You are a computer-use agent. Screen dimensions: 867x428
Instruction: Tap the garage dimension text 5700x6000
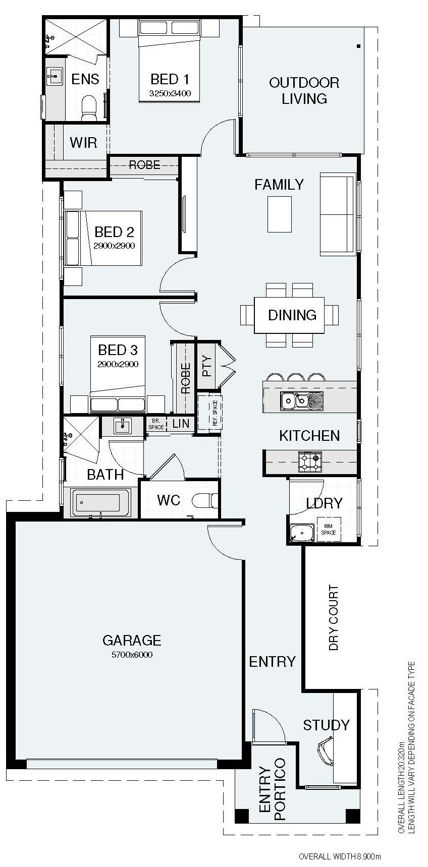132,655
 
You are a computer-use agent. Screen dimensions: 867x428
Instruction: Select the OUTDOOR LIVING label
304,90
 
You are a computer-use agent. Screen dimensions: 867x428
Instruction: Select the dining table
289,315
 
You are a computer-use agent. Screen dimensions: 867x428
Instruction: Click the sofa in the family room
337,214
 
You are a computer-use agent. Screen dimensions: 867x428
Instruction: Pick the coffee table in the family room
279,214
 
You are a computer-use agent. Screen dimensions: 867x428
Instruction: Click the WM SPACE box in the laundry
329,530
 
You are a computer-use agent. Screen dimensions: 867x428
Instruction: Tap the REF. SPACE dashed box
209,413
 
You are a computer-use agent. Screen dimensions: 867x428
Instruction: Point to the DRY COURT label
334,617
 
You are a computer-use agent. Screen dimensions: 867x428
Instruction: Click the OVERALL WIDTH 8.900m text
339,856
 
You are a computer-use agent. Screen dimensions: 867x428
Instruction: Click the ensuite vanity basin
55,77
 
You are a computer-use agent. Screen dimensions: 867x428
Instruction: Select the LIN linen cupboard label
180,424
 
